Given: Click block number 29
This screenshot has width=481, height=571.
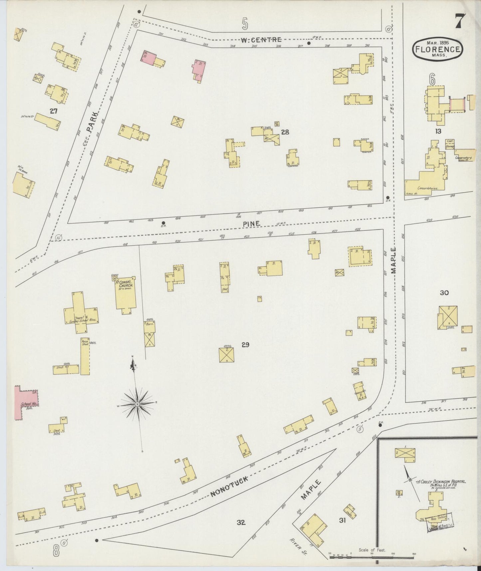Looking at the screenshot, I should pos(245,345).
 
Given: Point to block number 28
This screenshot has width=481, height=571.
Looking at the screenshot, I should pos(285,132).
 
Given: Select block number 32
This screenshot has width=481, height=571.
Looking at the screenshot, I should pos(241,522).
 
